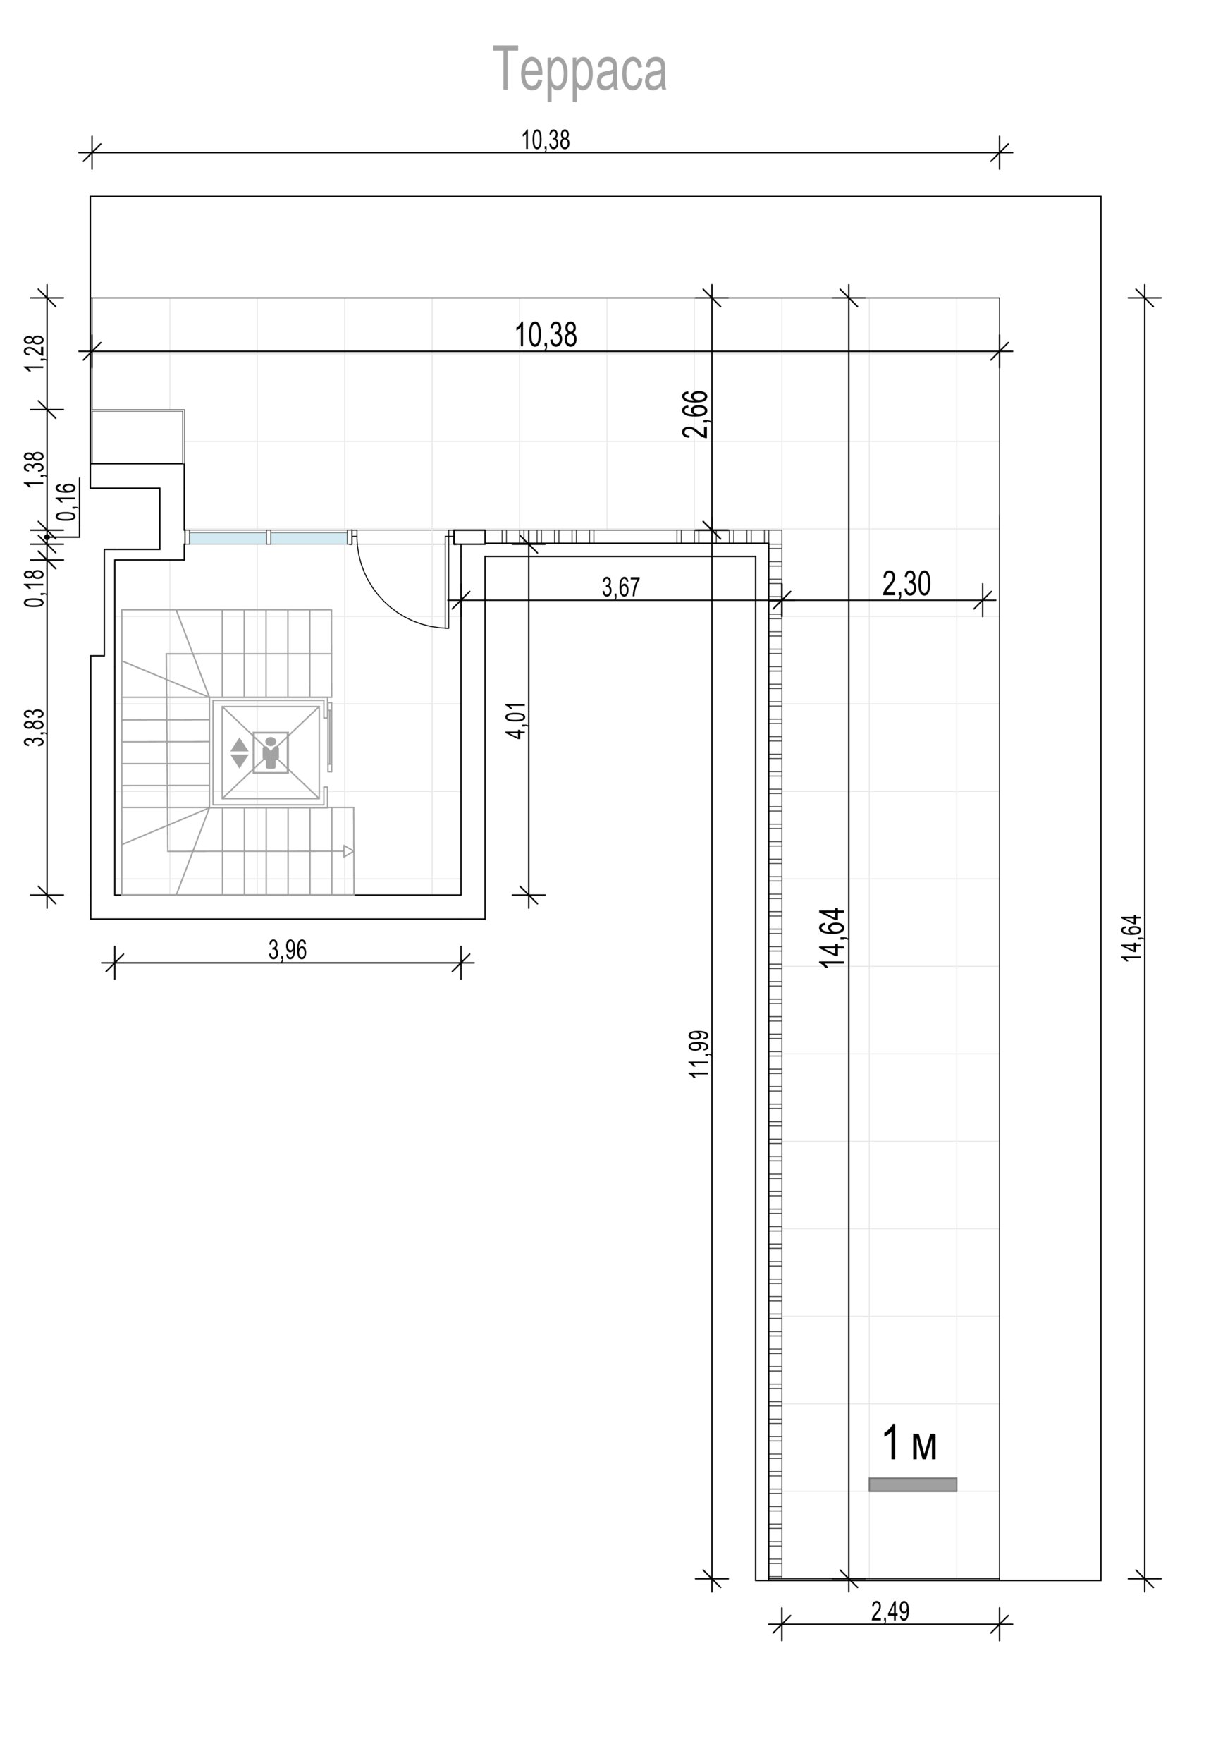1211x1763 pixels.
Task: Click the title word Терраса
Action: coord(579,70)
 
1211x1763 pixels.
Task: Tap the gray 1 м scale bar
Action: coord(912,1484)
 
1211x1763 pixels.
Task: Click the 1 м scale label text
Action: coord(910,1443)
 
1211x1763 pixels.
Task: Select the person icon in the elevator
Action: coord(270,752)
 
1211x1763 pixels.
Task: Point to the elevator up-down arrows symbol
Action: coord(239,752)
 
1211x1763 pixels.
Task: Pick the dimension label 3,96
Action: coord(288,949)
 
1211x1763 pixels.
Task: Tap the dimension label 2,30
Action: coord(906,584)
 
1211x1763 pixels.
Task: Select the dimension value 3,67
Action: coord(621,587)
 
